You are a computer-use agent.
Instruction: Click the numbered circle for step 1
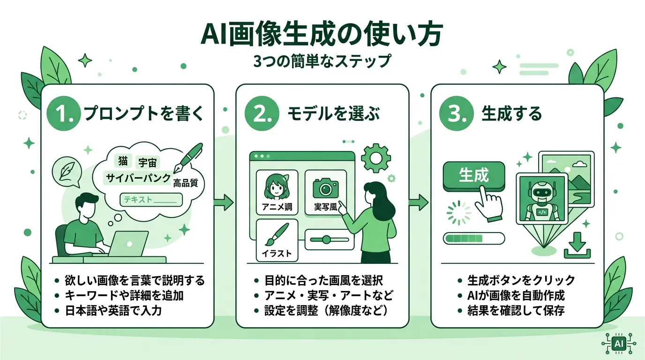tap(64, 113)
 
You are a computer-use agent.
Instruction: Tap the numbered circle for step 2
tap(262, 113)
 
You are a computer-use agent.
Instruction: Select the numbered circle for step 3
tap(457, 113)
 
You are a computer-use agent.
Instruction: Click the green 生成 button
tap(473, 176)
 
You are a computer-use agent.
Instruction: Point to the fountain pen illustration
tap(188, 157)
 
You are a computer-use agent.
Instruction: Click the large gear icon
tap(376, 158)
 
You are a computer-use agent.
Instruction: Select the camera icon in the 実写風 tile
tap(325, 187)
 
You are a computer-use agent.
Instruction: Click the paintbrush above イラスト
tap(277, 235)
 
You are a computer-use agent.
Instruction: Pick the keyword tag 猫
tap(123, 161)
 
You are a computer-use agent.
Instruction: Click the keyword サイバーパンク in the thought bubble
tap(138, 178)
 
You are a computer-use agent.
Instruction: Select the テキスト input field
tap(151, 200)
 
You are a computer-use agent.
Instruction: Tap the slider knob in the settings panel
tap(326, 240)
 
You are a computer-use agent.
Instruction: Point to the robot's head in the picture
tap(542, 193)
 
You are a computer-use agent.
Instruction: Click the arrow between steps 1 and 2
tap(224, 202)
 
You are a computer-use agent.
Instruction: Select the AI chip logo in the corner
tap(618, 344)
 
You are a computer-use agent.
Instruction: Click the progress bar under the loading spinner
tap(473, 239)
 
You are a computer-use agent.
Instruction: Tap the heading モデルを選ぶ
tap(333, 113)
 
